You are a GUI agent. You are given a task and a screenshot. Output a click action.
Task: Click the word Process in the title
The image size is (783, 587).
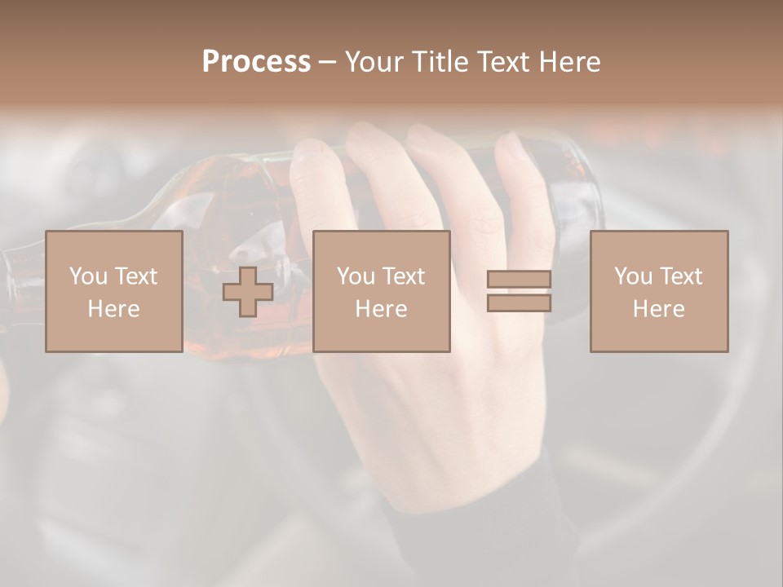[x=256, y=62]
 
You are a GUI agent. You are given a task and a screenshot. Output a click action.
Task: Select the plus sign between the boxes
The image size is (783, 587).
[x=248, y=292]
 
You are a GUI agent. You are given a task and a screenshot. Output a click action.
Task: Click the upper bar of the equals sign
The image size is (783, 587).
[x=519, y=280]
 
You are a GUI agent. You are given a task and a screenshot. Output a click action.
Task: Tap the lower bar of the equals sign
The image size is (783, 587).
[x=519, y=302]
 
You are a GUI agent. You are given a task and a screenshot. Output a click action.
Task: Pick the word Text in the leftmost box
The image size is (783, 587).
[x=135, y=276]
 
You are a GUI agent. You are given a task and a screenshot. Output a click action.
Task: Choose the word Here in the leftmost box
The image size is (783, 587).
[x=113, y=309]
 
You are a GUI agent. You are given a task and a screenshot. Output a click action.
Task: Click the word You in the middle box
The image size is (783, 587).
[x=356, y=276]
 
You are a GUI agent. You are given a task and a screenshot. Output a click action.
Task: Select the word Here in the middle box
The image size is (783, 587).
[x=382, y=309]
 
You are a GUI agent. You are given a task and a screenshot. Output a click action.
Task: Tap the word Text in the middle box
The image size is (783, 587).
[x=404, y=276]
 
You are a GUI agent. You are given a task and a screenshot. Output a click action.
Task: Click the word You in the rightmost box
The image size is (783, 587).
[x=633, y=276]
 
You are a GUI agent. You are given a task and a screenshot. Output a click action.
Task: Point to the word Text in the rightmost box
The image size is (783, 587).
[x=681, y=276]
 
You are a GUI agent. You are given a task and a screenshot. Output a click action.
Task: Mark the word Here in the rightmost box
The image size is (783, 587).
[x=658, y=309]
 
